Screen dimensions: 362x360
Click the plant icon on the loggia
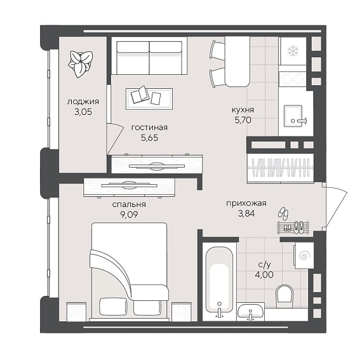(x=81, y=64)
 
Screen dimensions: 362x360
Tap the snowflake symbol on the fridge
(x=293, y=51)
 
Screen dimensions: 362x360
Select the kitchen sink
(x=293, y=116)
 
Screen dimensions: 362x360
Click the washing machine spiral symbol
(x=304, y=256)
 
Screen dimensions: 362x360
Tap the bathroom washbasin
(x=250, y=312)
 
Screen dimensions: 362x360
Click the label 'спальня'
(x=129, y=204)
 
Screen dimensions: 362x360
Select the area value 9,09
(x=129, y=215)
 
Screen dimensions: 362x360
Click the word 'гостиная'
(x=149, y=128)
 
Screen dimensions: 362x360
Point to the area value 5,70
(x=243, y=120)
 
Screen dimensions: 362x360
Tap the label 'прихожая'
(x=246, y=203)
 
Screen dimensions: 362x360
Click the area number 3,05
(x=83, y=112)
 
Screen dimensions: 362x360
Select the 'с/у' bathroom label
(x=264, y=265)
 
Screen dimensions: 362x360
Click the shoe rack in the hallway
(x=293, y=227)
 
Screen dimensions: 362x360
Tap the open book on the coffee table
(x=140, y=95)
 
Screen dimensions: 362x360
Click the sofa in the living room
(x=149, y=56)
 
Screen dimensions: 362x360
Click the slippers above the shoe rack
(x=283, y=213)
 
